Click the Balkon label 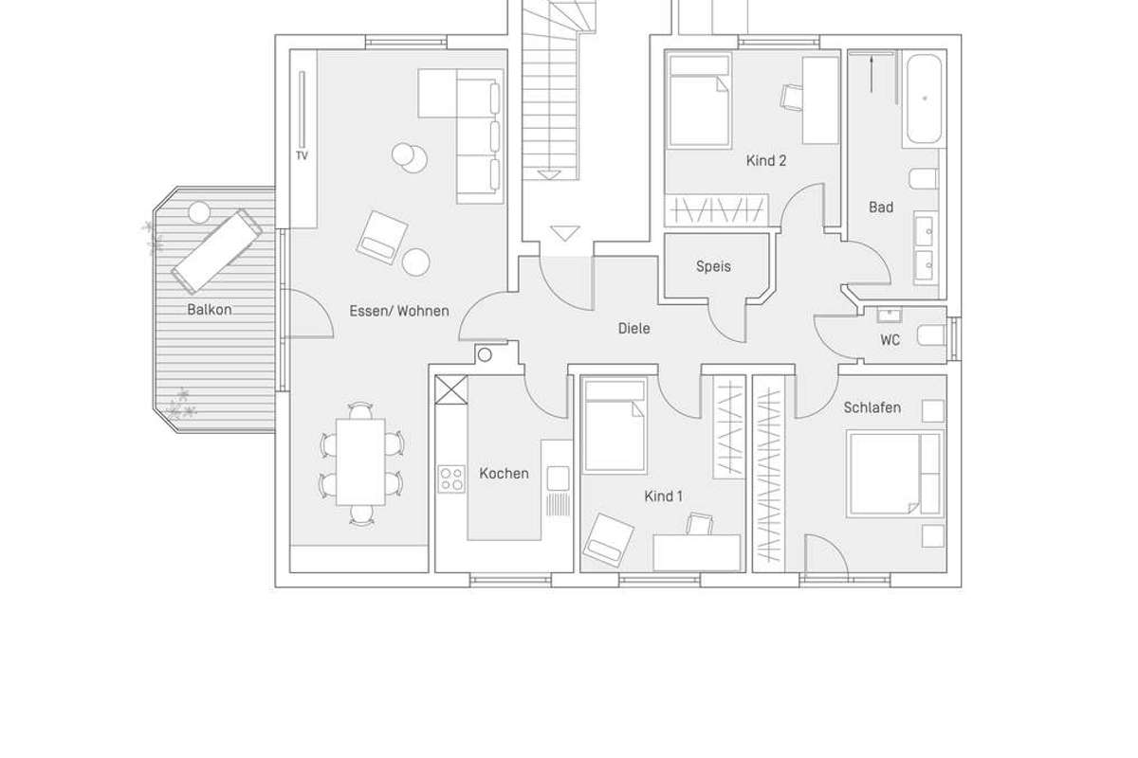(210, 310)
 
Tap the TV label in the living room (302, 156)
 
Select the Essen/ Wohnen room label (399, 311)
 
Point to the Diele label (633, 329)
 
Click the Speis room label (713, 266)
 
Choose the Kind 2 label (766, 161)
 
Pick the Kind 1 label (663, 496)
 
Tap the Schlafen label (872, 407)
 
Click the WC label (890, 340)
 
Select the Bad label (881, 208)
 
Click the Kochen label (504, 474)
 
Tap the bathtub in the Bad (924, 99)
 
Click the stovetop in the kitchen (451, 478)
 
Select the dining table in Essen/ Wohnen (360, 462)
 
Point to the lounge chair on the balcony (217, 252)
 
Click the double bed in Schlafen (895, 474)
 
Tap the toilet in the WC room (931, 335)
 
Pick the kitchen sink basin (558, 478)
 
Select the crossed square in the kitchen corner (451, 390)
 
